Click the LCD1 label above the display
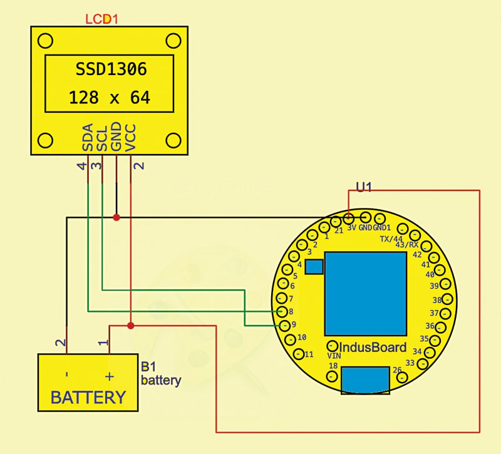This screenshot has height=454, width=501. click(101, 19)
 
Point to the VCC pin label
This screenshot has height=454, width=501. click(131, 138)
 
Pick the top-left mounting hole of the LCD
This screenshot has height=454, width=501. click(45, 41)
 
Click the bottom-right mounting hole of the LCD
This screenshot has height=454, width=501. click(173, 139)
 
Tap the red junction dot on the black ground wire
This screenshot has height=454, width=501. click(116, 217)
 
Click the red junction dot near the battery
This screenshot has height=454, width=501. click(130, 325)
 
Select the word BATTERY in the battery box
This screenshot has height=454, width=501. click(88, 397)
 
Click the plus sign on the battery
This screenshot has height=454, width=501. click(110, 376)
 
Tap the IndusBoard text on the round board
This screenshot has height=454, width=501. click(367, 347)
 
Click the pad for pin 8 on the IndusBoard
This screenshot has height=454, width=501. click(282, 311)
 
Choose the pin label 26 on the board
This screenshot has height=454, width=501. click(396, 369)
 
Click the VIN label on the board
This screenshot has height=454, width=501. click(334, 355)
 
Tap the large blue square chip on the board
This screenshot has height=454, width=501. click(364, 294)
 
